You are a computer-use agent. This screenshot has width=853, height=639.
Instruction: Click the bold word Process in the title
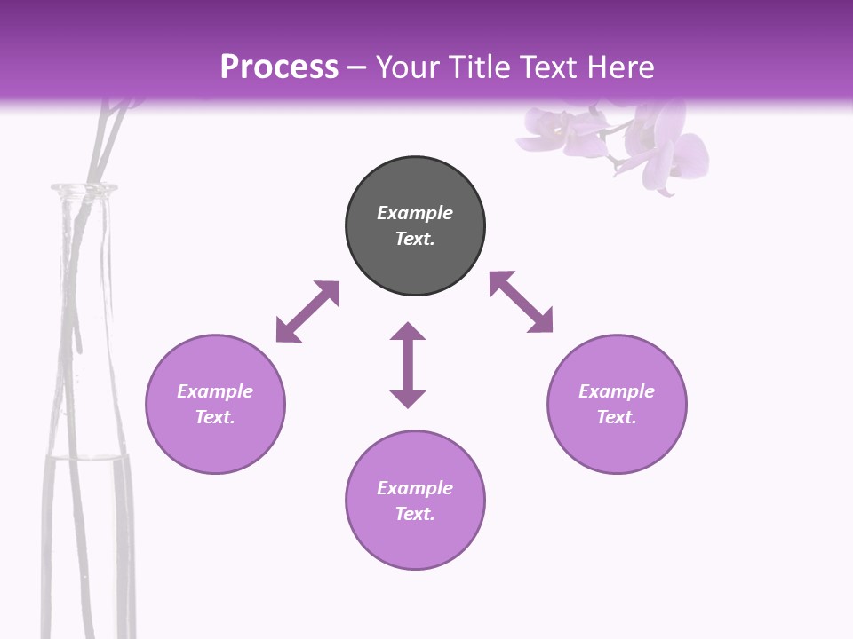click(279, 67)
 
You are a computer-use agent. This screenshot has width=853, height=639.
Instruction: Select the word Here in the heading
click(621, 67)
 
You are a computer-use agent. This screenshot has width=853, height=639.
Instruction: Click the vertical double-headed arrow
click(408, 365)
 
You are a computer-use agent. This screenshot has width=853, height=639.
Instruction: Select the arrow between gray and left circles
click(307, 312)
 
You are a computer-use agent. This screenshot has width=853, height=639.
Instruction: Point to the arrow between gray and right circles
click(522, 302)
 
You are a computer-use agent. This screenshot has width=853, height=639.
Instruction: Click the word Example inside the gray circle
click(415, 213)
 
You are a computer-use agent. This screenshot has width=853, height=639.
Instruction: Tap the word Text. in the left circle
click(215, 417)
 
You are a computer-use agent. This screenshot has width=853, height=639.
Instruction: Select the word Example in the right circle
click(617, 391)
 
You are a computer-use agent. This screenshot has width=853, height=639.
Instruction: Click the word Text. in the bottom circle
click(415, 514)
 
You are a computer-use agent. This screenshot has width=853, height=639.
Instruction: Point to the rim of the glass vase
click(84, 187)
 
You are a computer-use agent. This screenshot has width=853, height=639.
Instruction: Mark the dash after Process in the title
click(356, 67)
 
